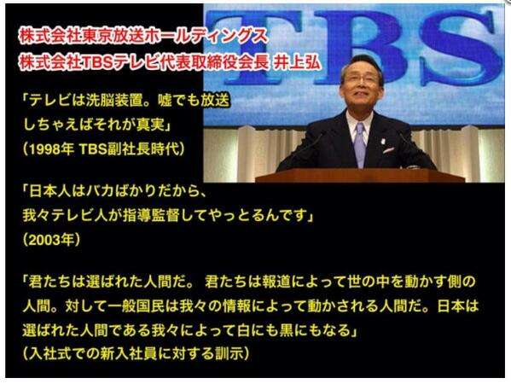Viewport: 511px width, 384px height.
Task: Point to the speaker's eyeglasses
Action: pos(361,79)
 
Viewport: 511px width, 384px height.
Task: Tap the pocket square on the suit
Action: pos(388,150)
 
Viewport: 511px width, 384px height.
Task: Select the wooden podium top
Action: pos(360,176)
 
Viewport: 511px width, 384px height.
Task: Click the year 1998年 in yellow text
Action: pos(51,149)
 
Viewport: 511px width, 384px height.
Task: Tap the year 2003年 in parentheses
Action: pos(51,241)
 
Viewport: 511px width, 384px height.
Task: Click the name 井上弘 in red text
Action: pos(297,61)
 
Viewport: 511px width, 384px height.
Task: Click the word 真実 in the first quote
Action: pos(150,125)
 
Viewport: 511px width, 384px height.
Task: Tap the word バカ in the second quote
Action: pos(101,191)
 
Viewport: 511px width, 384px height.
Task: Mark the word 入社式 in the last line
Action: pos(50,353)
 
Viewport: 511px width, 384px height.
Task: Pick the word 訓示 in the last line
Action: pos(229,353)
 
